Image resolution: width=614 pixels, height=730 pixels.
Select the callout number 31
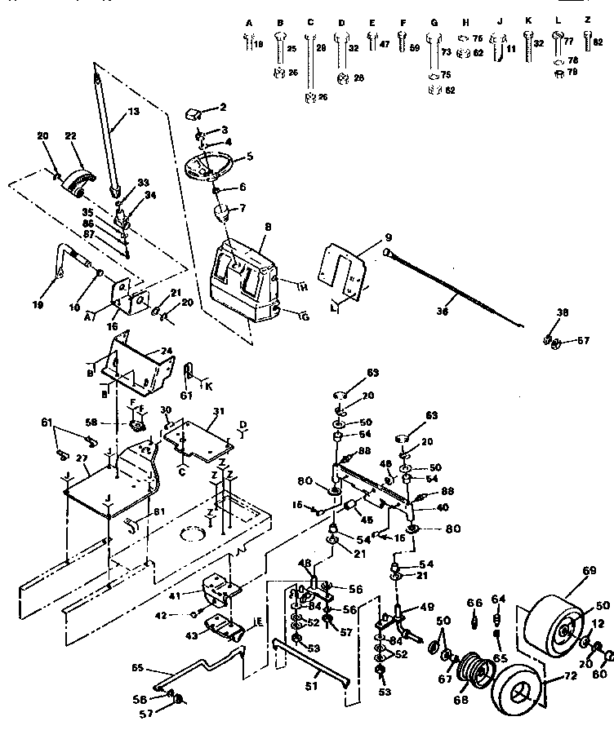pos(216,412)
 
